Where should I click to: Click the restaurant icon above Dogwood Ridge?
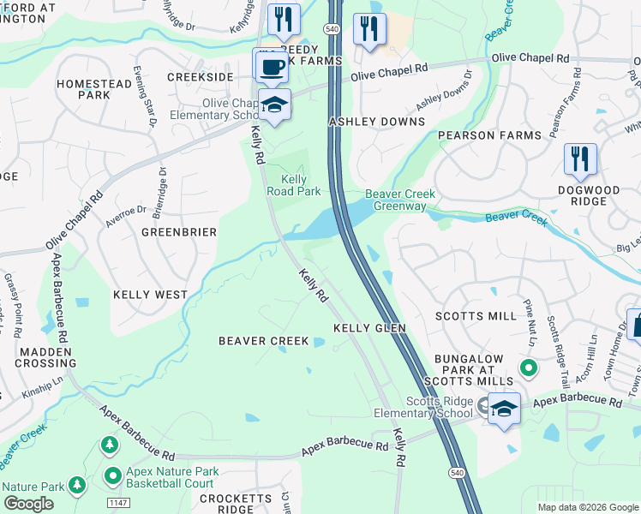(x=580, y=158)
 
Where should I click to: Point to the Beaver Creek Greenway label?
(x=395, y=200)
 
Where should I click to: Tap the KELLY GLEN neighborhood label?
(x=368, y=328)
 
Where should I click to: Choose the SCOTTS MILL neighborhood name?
(x=476, y=316)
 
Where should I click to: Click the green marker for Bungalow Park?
(x=529, y=369)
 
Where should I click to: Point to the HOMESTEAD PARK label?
(x=95, y=89)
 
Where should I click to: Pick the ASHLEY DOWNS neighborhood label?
(x=377, y=122)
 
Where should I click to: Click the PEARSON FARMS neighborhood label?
(x=489, y=135)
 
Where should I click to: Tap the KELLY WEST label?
(x=150, y=295)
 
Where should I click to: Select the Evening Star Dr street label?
(x=142, y=97)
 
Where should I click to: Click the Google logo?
(x=28, y=504)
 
